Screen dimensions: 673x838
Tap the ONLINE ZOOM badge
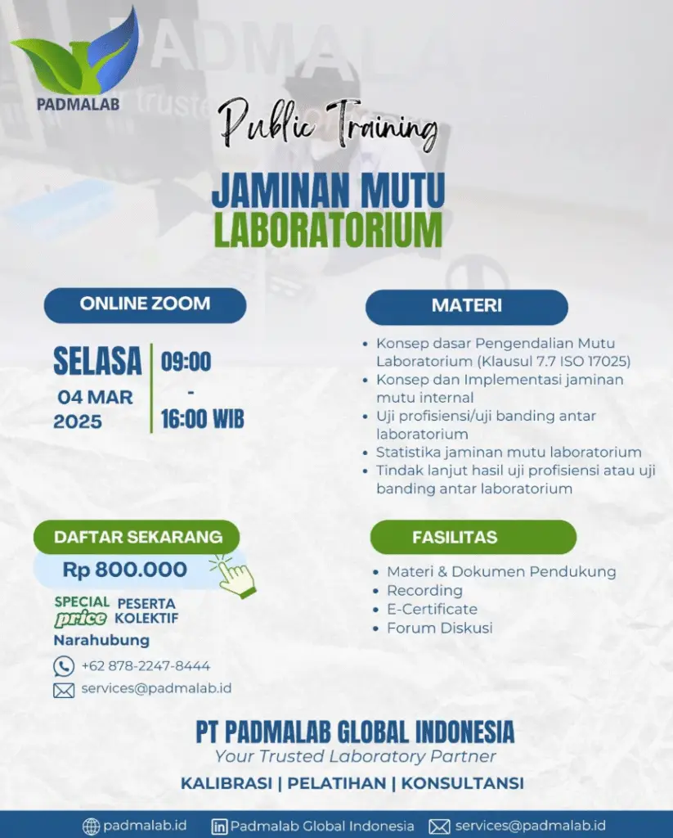(x=145, y=305)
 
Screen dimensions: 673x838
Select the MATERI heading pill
(x=466, y=307)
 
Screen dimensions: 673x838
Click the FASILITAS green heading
(x=473, y=537)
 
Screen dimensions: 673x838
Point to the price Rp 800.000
(x=125, y=570)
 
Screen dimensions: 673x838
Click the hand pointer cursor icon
(x=233, y=575)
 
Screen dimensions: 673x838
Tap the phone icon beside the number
(x=64, y=666)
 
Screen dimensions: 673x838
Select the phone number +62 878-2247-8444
(x=146, y=666)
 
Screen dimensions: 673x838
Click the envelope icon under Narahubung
(x=64, y=691)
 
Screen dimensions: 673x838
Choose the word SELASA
(x=98, y=361)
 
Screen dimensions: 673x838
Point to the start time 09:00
(x=186, y=362)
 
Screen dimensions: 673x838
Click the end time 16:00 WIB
(x=203, y=419)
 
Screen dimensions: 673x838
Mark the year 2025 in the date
(x=78, y=421)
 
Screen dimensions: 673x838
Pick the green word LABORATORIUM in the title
(x=328, y=230)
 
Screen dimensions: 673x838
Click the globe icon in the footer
(x=91, y=827)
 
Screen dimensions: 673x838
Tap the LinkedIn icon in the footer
(x=219, y=827)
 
